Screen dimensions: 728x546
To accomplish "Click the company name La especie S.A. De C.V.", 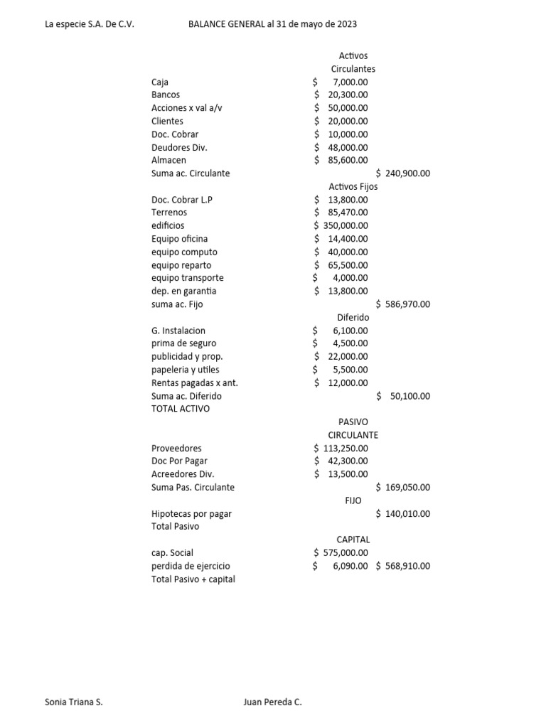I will click(x=90, y=24).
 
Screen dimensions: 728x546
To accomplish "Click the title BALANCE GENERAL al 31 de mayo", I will click(x=272, y=24).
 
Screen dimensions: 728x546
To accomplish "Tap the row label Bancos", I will click(x=166, y=95).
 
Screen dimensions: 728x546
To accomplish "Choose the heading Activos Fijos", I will click(x=353, y=186).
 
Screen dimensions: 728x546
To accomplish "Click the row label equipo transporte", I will click(x=187, y=278).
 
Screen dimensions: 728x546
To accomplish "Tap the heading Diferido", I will click(x=353, y=317).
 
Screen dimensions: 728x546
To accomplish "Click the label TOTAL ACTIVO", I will click(x=181, y=409).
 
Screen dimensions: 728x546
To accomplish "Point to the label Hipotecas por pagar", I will click(x=191, y=513).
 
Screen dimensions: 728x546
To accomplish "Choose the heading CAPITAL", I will click(x=353, y=540).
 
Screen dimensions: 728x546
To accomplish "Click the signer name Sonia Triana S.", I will click(x=74, y=702).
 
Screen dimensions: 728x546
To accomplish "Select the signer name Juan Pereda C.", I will click(x=272, y=702).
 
